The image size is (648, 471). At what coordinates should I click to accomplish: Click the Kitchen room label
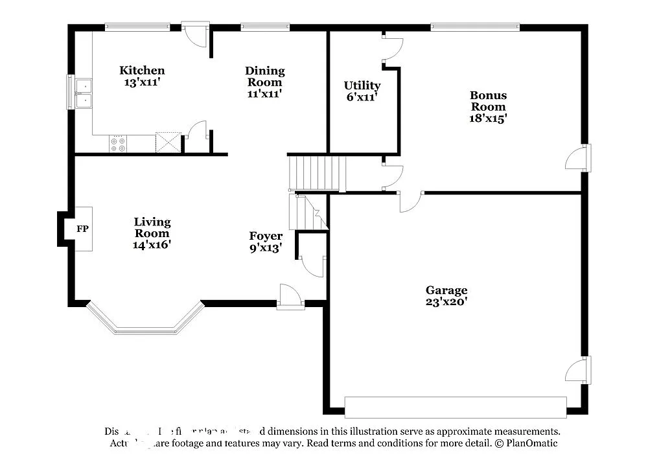142,71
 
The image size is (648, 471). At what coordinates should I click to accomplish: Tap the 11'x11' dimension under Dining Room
264,93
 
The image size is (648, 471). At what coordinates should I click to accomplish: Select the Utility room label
362,86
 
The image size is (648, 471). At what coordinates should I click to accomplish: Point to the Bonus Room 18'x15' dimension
488,118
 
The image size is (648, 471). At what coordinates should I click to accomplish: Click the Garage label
446,290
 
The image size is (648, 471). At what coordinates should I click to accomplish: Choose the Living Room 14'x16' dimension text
152,244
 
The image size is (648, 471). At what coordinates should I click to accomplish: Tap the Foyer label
266,236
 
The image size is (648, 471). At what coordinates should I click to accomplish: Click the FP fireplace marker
82,229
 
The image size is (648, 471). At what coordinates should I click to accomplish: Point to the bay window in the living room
146,324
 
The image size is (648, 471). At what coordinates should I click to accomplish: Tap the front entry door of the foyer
290,297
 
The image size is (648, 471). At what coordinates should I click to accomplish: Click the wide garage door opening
455,407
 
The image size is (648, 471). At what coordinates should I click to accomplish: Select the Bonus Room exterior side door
579,158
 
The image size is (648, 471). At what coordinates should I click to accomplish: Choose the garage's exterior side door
579,369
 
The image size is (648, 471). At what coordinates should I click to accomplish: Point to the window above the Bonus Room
475,27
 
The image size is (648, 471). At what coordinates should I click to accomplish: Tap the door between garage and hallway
410,201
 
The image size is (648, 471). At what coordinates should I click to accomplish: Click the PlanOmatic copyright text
526,443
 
